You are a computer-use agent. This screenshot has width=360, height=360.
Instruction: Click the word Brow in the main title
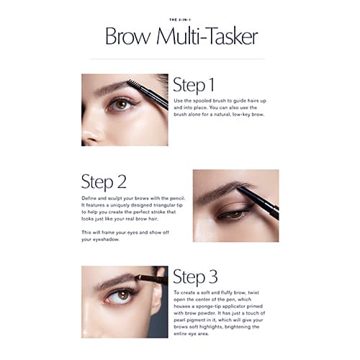coord(128,37)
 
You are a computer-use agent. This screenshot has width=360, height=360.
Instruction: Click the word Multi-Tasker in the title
coord(207,37)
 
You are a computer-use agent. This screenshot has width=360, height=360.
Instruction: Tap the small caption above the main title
coord(180,19)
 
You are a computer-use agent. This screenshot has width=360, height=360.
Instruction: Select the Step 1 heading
coord(194,85)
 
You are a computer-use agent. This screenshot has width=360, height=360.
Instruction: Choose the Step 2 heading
coord(104,181)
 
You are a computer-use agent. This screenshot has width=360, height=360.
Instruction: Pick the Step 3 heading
coord(195,277)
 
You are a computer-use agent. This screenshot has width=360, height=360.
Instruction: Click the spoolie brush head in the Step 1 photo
coord(132,84)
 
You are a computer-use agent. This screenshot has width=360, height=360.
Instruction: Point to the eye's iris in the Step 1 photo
coord(122,104)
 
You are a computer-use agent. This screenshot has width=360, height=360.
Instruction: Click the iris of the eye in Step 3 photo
coord(124,295)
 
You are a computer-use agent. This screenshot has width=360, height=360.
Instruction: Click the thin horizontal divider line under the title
coord(177,59)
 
